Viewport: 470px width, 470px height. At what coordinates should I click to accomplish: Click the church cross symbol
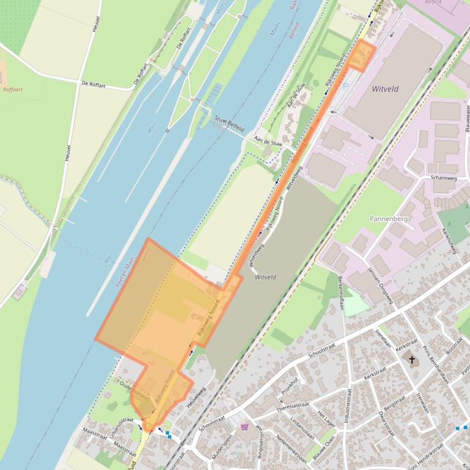click(x=411, y=360)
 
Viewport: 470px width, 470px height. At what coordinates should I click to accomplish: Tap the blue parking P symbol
click(x=345, y=87)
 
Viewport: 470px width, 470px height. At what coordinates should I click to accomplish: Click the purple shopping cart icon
click(x=245, y=427)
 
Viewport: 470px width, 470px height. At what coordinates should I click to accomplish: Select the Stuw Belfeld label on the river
click(x=229, y=125)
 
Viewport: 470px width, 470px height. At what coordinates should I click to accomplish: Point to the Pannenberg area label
click(x=388, y=218)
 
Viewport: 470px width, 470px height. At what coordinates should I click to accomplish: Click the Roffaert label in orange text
click(x=12, y=90)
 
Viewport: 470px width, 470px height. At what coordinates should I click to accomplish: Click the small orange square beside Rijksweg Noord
click(x=362, y=56)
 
